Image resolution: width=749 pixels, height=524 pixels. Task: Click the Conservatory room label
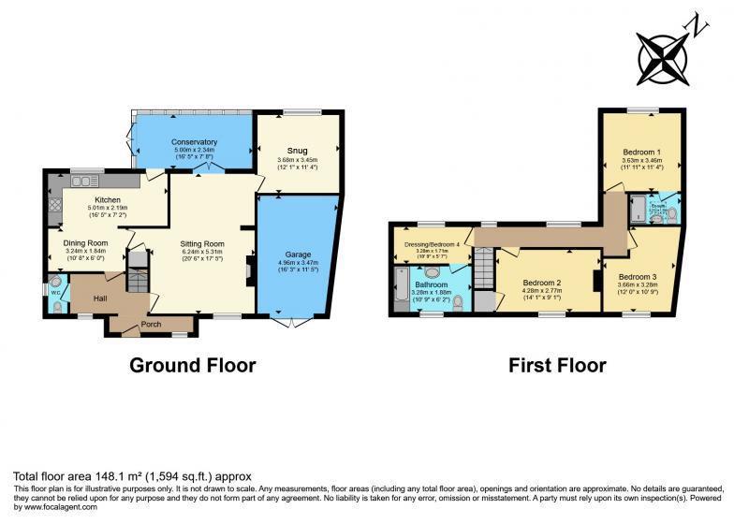click(194, 142)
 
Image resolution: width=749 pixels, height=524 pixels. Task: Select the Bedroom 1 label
click(641, 151)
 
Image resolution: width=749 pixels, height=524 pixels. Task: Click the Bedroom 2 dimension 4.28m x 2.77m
click(541, 291)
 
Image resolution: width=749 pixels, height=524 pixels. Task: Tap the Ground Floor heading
click(192, 365)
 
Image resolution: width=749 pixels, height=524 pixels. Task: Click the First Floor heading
click(557, 365)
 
